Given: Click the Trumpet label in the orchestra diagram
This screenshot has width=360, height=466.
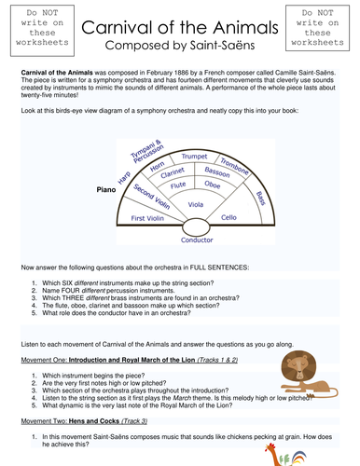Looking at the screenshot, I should pos(195,157).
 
